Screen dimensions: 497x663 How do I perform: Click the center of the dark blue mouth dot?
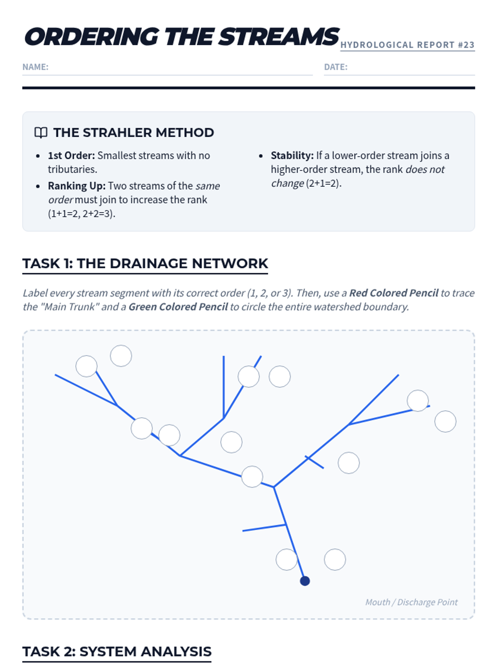pyautogui.click(x=305, y=581)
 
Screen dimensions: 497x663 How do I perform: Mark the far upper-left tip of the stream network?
pyautogui.click(x=55, y=375)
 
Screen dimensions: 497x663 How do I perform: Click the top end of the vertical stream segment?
pyautogui.click(x=224, y=356)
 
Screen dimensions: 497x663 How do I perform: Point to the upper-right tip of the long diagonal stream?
pyautogui.click(x=398, y=375)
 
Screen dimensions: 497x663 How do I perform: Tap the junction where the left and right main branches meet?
pyautogui.click(x=274, y=487)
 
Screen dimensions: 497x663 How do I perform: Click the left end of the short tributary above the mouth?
pyautogui.click(x=243, y=531)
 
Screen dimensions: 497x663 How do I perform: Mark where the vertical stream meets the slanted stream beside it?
pyautogui.click(x=224, y=419)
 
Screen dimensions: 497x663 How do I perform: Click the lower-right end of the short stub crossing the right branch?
pyautogui.click(x=323, y=468)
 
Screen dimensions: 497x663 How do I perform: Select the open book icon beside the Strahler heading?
pyautogui.click(x=41, y=133)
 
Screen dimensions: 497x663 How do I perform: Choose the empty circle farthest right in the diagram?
pyautogui.click(x=445, y=421)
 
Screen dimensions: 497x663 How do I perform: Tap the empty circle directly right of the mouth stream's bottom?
pyautogui.click(x=335, y=559)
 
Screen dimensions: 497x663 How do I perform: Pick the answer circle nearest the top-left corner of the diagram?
pyautogui.click(x=86, y=366)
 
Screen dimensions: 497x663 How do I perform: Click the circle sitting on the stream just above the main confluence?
pyautogui.click(x=252, y=477)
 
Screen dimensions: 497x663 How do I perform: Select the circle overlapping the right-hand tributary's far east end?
pyautogui.click(x=417, y=401)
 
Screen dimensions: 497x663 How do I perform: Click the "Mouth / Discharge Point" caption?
pyautogui.click(x=411, y=602)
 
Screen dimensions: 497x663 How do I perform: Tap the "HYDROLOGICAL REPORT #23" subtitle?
pyautogui.click(x=408, y=45)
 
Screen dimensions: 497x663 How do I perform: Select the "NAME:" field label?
pyautogui.click(x=35, y=67)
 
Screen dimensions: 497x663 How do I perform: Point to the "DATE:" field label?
pyautogui.click(x=335, y=67)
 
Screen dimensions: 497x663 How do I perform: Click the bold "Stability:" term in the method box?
pyautogui.click(x=292, y=155)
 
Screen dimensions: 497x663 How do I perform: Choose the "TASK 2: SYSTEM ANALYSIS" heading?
pyautogui.click(x=117, y=651)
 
